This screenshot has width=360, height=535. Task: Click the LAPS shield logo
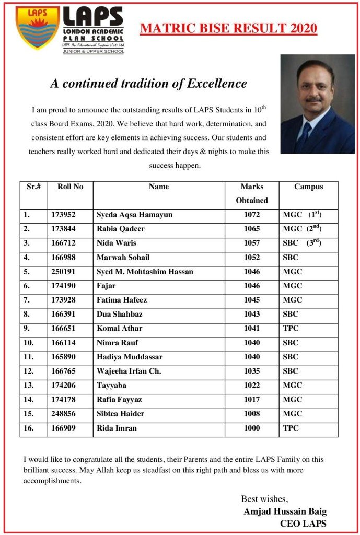pos(37,28)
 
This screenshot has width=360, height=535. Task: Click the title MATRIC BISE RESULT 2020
pos(228,28)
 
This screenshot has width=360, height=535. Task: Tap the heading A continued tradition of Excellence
pos(148,84)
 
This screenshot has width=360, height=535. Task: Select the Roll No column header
pos(70,187)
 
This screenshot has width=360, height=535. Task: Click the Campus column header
pos(308,187)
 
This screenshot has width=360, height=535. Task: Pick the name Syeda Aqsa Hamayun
pos(134,215)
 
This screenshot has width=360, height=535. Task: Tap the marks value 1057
pos(251,243)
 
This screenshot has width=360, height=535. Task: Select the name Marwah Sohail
pos(123,257)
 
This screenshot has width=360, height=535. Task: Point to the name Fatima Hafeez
pos(122,300)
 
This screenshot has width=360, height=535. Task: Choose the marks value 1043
pos(251,314)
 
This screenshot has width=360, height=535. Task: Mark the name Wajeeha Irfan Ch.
pos(129,371)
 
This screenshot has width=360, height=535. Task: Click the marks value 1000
pos(251,428)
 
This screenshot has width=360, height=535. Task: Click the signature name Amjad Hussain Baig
pos(285,511)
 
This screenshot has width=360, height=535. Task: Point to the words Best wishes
pos(264,498)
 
